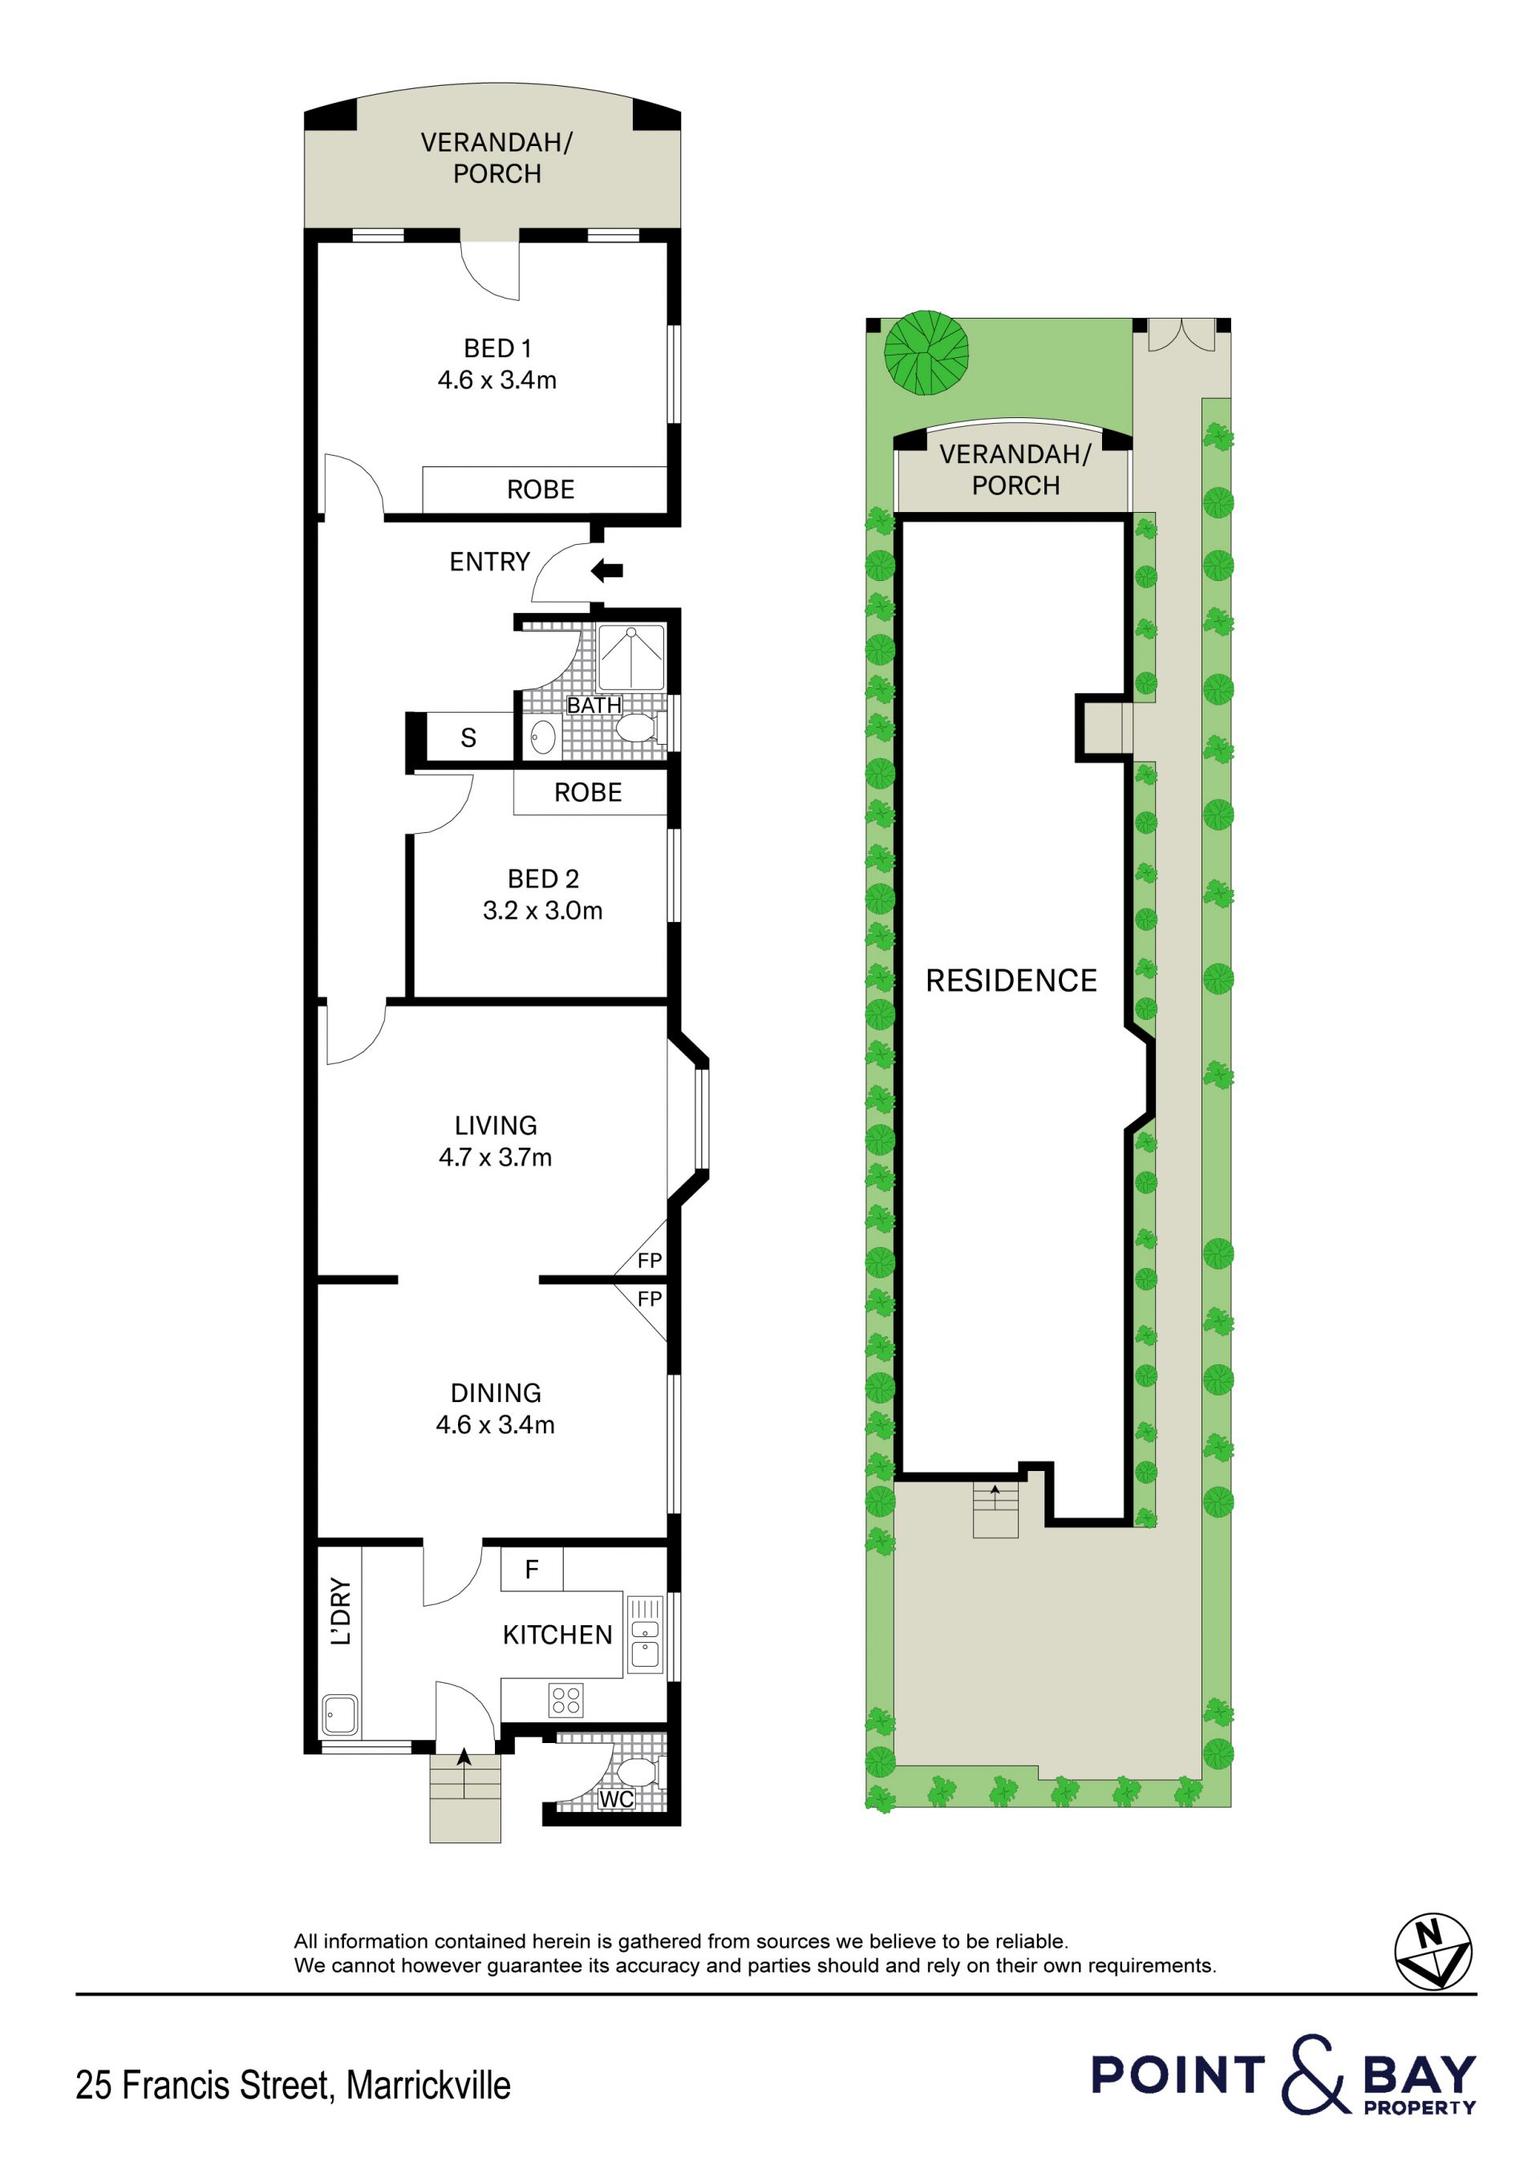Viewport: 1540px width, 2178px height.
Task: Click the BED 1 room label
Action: pos(497,348)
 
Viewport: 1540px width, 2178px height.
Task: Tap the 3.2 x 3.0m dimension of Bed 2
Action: pos(542,911)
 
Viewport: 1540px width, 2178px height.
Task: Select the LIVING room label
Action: pos(495,1125)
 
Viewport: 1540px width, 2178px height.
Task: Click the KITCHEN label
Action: pos(557,1635)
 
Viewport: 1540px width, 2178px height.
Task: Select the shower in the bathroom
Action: pos(630,657)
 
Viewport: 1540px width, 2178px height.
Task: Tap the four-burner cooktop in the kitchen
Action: pos(566,1700)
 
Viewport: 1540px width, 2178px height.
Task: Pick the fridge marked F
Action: pos(532,1570)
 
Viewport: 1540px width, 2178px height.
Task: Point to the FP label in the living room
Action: pos(650,1261)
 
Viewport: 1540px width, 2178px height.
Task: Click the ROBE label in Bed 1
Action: pos(541,490)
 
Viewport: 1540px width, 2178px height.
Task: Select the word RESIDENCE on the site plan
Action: pos(1011,980)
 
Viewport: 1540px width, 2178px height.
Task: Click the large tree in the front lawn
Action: pos(926,353)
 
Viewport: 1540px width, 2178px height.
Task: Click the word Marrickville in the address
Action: pos(428,2085)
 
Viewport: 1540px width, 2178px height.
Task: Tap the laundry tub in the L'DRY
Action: pos(339,1715)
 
